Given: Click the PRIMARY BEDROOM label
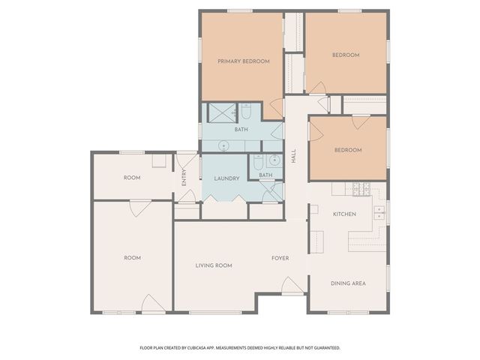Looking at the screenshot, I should coord(243,61).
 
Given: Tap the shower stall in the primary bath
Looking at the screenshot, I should coord(218,112).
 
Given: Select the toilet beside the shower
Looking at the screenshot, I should coord(246,112).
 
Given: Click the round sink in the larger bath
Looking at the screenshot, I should coord(223,145).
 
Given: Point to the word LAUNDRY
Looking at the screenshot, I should coord(226,178).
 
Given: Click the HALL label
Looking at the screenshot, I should coord(293,158).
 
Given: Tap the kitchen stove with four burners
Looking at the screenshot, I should coord(360,189).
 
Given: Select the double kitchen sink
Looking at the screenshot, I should coord(379,211).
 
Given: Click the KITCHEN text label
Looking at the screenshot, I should coord(343,214).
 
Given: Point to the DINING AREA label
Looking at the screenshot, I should coord(348,283).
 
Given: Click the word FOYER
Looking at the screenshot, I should coord(280,258).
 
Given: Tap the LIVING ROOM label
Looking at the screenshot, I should coord(214,265).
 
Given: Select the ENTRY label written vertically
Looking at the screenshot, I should coord(184,177).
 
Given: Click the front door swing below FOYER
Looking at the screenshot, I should coord(291,285).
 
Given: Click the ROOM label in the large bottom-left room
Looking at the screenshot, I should coord(132,257).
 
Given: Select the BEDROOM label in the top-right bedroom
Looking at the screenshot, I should coord(346,55).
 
